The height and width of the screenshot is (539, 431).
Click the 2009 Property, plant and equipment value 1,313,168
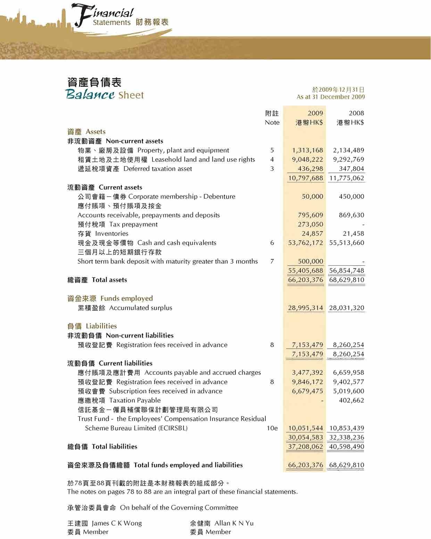[307, 150]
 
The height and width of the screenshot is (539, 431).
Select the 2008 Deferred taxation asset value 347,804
[351, 169]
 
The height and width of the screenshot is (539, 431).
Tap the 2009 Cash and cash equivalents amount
[306, 243]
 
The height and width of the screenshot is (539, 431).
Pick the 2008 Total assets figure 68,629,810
[347, 280]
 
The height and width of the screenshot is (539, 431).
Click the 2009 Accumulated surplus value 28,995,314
[306, 308]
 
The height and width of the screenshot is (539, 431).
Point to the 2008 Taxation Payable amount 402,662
[351, 400]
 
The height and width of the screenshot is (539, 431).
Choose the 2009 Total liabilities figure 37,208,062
[306, 447]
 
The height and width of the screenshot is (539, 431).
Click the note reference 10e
[272, 428]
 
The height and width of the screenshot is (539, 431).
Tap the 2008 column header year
[356, 113]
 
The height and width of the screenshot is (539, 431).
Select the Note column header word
[272, 123]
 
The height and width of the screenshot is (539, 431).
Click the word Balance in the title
[90, 95]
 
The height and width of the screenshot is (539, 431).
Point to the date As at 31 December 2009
[331, 97]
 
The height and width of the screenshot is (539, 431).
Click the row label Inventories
[111, 234]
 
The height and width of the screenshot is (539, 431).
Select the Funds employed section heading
[126, 298]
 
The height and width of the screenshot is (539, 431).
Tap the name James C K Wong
[117, 523]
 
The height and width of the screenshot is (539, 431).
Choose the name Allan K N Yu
[234, 523]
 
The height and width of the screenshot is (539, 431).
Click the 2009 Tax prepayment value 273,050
[310, 224]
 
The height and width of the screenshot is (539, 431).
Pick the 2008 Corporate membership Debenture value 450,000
[351, 197]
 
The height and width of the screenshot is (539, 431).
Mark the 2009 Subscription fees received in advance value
[307, 391]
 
